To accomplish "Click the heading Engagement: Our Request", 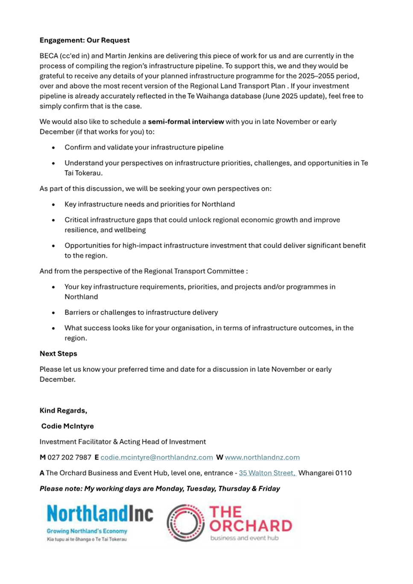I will coord(85,40).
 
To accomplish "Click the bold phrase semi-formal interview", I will coord(186,122).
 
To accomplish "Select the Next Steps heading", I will coord(59,354).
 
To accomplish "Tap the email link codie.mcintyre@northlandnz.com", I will coord(157,457).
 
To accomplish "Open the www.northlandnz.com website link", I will coord(262,457).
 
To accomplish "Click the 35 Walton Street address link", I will coord(267,473).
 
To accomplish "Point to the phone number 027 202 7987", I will coord(69,457).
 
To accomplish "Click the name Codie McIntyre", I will coord(67,426).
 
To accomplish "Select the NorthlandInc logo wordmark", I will coord(100,514).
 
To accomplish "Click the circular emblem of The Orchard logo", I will coord(185,523).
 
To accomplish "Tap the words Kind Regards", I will coord(63,410).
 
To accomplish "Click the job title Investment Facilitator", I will coord(75,442).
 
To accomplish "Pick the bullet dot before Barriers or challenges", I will coord(53,313).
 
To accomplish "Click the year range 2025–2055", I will coord(314,76).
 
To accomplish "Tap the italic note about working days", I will coord(160,488).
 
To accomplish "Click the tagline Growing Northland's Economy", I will coord(87,531).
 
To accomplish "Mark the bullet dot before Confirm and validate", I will coord(53,148).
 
